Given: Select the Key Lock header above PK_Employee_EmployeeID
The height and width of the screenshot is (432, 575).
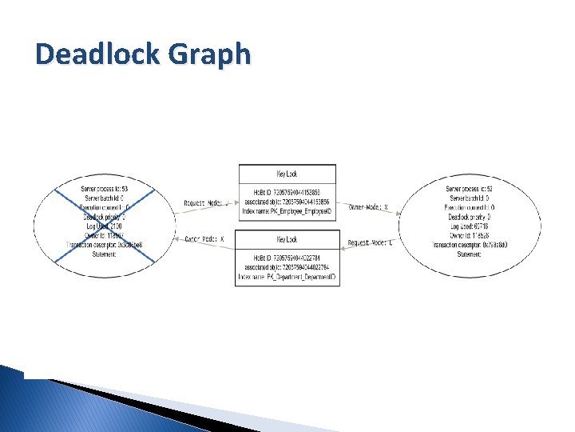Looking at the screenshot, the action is pyautogui.click(x=287, y=174).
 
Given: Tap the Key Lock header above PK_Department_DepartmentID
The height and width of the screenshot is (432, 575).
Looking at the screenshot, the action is pyautogui.click(x=287, y=239).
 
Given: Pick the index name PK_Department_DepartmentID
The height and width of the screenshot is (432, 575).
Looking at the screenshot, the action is pyautogui.click(x=287, y=277).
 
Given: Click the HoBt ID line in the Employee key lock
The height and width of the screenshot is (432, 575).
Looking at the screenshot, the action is pyautogui.click(x=287, y=193).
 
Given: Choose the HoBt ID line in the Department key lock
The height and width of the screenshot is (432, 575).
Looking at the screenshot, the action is pyautogui.click(x=287, y=258).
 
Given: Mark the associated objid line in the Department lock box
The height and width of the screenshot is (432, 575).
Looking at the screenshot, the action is pyautogui.click(x=287, y=268).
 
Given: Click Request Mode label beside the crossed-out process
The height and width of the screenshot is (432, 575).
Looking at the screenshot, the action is pyautogui.click(x=205, y=203).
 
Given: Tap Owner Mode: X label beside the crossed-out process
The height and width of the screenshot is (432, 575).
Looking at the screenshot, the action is pyautogui.click(x=205, y=238).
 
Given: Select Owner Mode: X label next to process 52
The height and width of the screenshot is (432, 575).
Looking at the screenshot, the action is pyautogui.click(x=368, y=206).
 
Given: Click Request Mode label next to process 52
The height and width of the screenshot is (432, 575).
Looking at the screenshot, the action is pyautogui.click(x=370, y=242).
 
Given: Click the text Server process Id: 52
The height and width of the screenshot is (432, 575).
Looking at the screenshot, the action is pyautogui.click(x=469, y=189).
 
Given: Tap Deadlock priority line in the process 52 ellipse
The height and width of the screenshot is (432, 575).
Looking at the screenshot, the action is pyautogui.click(x=469, y=216).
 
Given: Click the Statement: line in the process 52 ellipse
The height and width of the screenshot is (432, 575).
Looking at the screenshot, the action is pyautogui.click(x=469, y=254).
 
